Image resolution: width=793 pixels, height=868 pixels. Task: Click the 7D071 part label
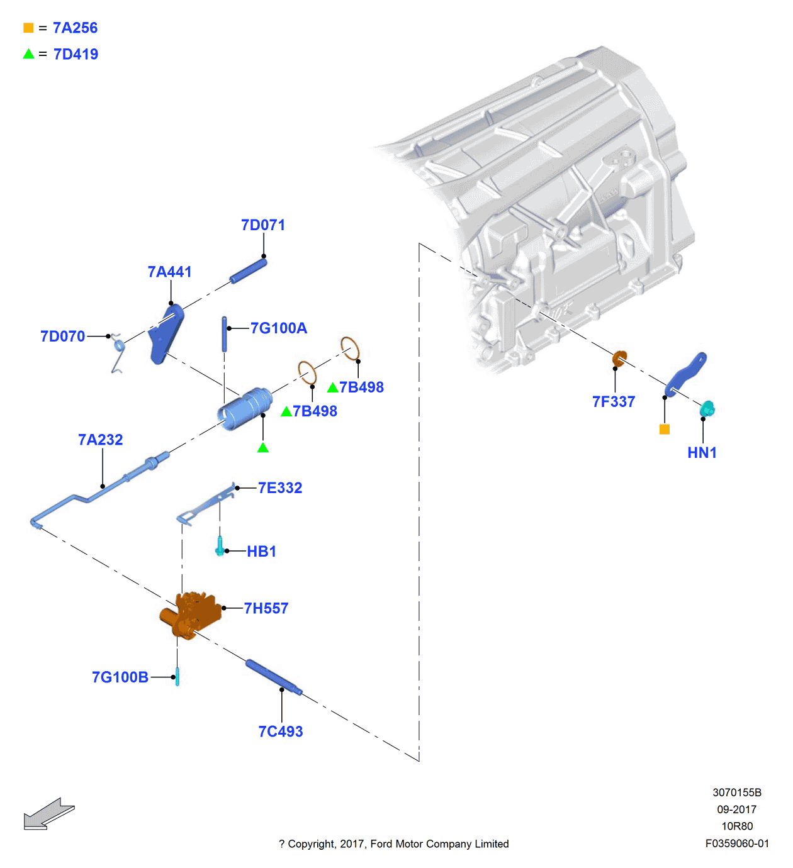(263, 225)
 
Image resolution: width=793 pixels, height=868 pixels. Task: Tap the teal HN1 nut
(707, 409)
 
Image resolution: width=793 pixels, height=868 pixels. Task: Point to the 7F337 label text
(614, 402)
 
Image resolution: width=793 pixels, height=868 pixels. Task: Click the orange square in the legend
(28, 28)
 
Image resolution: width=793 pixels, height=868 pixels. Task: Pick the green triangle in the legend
(28, 54)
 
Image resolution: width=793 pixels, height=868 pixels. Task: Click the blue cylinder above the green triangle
(245, 409)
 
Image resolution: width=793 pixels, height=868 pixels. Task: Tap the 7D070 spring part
(118, 352)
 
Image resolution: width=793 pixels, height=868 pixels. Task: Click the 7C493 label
(281, 732)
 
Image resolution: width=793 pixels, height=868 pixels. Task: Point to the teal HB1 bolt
(220, 546)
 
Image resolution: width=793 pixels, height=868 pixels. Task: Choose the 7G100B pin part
(177, 677)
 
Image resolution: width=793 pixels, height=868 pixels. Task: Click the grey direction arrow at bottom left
(48, 814)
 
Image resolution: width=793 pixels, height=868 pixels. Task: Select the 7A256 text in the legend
(75, 28)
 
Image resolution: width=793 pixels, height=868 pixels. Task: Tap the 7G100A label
(278, 328)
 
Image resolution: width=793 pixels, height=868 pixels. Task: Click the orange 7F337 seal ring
(620, 359)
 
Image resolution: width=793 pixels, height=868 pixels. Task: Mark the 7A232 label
(101, 440)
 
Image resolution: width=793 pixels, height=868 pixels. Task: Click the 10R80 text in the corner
(737, 826)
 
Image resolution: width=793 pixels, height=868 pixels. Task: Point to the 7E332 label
(280, 488)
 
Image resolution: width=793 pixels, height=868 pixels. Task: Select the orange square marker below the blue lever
(665, 429)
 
